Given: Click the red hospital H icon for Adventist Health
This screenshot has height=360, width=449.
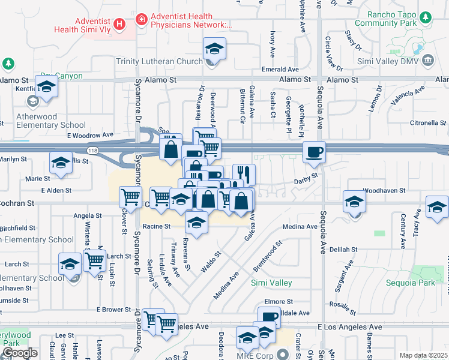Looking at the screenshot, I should click(119, 24).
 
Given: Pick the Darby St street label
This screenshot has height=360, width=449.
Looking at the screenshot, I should click(305, 181).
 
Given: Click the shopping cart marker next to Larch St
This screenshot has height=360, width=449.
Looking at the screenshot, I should click(94, 260).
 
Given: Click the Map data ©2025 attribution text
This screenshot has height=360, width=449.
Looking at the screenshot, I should click(422, 355).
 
